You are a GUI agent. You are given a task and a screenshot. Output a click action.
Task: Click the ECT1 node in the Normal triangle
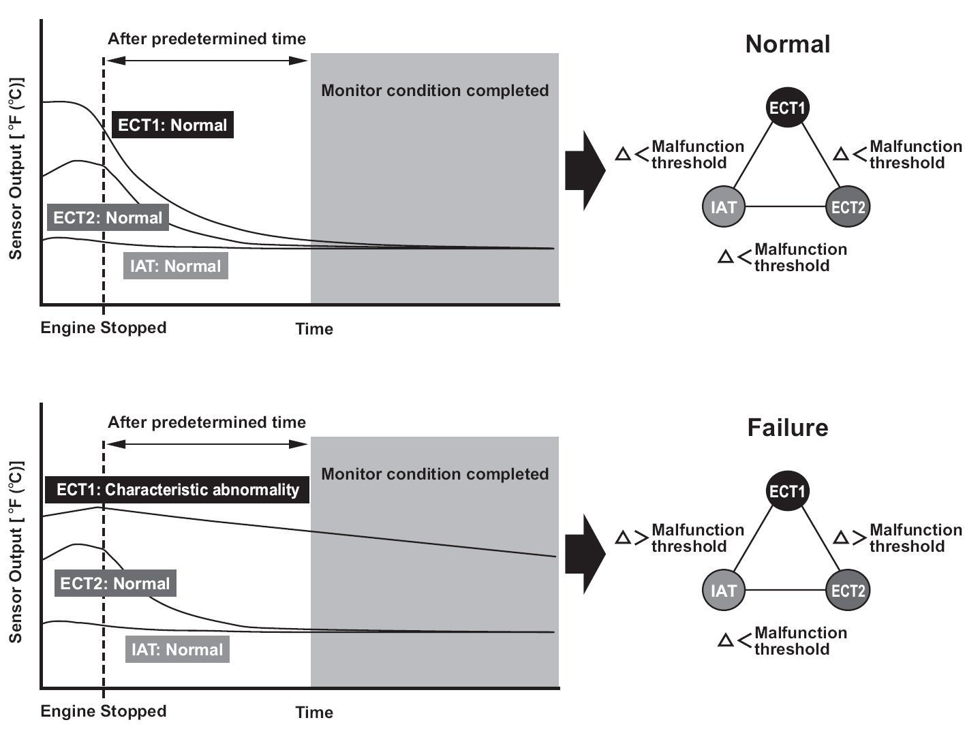point(788,107)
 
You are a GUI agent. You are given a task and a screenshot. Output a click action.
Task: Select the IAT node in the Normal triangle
point(723,206)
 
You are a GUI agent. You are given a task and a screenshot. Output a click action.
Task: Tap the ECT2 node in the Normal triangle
point(848,206)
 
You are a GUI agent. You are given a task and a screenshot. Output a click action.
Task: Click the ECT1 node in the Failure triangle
point(788,490)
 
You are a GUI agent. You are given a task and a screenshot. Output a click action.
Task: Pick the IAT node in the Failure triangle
point(723,590)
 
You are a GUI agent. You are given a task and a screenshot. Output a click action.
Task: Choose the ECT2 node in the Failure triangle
point(848,590)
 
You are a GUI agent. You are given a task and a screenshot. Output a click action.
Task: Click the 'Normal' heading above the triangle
point(788,44)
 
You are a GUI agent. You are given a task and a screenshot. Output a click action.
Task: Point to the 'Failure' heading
point(788,427)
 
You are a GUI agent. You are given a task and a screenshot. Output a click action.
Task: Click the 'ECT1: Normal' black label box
point(172,125)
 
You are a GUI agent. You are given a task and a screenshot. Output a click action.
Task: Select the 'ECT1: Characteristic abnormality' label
point(177,489)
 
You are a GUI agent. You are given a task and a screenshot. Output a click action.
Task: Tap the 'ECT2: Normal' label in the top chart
point(108,217)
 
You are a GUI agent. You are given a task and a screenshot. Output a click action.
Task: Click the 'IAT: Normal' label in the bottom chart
point(177,649)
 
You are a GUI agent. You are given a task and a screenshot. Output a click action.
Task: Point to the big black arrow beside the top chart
point(585,170)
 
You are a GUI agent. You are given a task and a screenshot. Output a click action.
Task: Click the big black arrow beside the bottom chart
point(585,554)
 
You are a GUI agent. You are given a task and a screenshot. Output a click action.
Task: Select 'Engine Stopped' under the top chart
point(104,328)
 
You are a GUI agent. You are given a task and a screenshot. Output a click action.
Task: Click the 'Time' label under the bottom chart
point(314,712)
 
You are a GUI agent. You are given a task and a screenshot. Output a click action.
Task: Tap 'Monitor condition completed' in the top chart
point(435,91)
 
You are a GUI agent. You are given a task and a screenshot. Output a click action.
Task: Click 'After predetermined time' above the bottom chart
point(206,422)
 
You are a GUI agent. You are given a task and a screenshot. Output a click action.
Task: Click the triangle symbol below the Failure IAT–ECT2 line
point(726,640)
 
